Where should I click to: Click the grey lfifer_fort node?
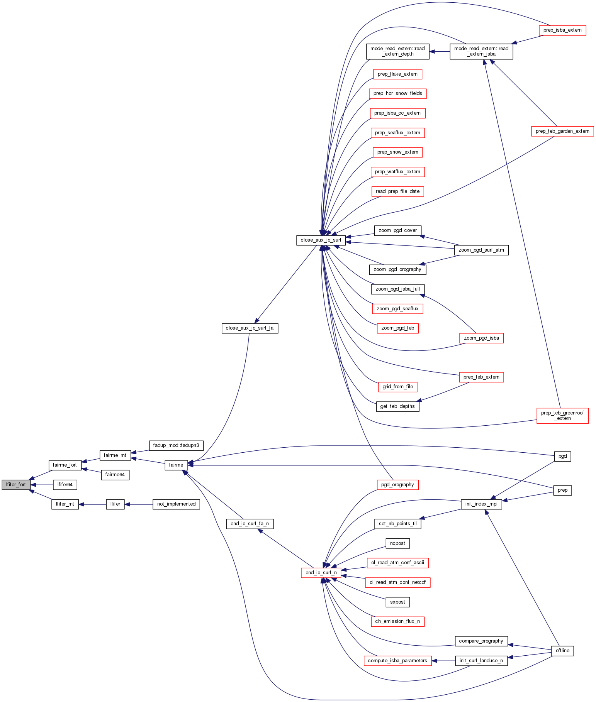[x=16, y=485]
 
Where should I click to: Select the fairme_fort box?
[x=65, y=465]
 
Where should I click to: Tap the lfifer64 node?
[x=65, y=485]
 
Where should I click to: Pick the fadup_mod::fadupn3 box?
[x=176, y=445]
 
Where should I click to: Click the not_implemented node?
[x=176, y=504]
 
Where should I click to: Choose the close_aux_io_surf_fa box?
[x=250, y=328]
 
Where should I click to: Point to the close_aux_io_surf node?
[x=321, y=240]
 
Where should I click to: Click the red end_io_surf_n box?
[x=321, y=573]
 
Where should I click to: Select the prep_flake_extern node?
[x=397, y=74]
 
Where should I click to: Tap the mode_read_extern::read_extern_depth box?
[x=397, y=51]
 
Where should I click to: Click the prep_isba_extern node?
[x=562, y=30]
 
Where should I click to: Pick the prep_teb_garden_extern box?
[x=562, y=131]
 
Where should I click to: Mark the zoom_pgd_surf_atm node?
[x=481, y=250]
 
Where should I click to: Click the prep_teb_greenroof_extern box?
[x=562, y=416]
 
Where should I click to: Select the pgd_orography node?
[x=397, y=485]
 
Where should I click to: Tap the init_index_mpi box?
[x=481, y=504]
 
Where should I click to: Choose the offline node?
[x=562, y=651]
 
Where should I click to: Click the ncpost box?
[x=397, y=543]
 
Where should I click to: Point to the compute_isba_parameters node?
[x=397, y=661]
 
